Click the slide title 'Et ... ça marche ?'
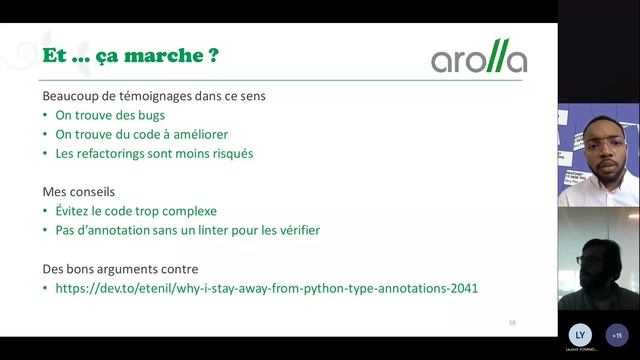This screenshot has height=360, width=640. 130,56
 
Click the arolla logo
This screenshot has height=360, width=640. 479,58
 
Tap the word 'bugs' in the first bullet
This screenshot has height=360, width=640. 133,115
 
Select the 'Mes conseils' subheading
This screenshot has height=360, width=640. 79,192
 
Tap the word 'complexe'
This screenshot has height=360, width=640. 189,211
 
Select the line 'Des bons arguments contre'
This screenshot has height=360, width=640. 120,269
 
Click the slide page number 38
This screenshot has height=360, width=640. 512,321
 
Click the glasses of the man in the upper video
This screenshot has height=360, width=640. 604,143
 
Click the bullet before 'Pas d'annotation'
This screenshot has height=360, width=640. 45,231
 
